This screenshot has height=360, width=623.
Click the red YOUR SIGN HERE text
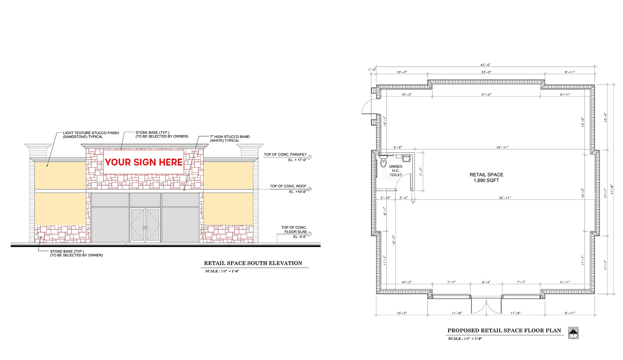pos(144,162)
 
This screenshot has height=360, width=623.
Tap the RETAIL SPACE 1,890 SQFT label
pos(486,177)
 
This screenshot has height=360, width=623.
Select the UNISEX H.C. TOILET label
pos(396,170)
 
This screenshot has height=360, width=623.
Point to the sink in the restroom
pos(406,159)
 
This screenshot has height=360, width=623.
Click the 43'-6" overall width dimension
pos(485,65)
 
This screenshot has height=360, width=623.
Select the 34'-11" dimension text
pos(502,147)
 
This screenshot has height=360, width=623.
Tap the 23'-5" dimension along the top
pos(486,72)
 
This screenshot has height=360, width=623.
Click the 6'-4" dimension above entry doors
pos(486,282)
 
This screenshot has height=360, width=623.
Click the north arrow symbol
pos(573,333)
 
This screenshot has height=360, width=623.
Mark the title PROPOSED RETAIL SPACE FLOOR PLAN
pos(504,330)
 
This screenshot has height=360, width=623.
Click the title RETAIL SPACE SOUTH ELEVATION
pos(253,263)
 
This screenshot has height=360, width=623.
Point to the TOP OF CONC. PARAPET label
pos(285,154)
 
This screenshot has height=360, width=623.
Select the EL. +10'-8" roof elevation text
pos(297,192)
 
